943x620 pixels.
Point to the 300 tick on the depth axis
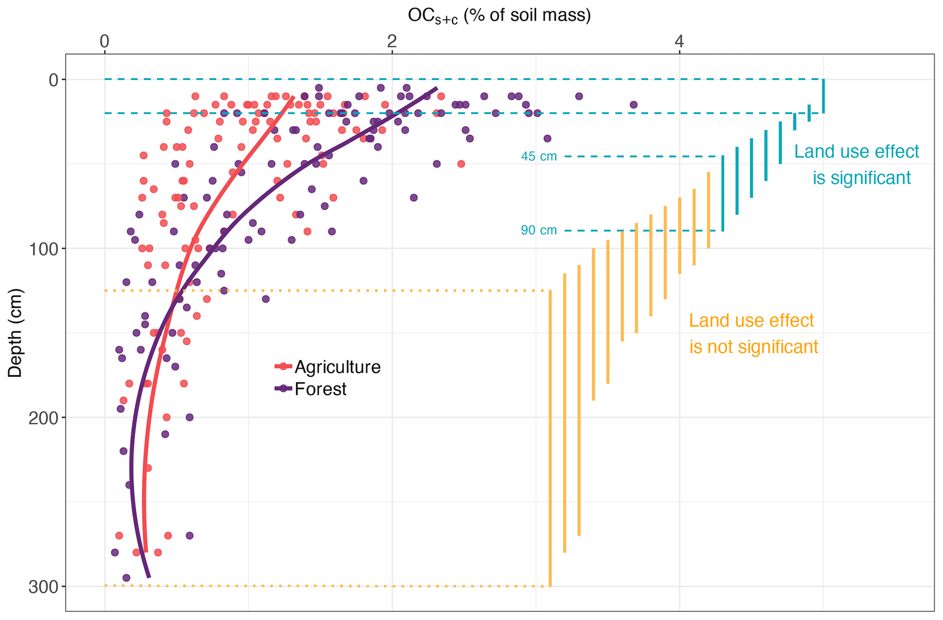click(x=40, y=587)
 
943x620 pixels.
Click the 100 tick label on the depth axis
click(x=40, y=249)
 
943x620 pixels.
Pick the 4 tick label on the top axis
click(x=679, y=42)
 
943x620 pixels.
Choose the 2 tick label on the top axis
click(x=392, y=42)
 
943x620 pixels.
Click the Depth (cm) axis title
click(x=15, y=333)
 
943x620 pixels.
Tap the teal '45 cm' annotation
click(x=539, y=156)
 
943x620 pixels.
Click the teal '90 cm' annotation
click(x=539, y=230)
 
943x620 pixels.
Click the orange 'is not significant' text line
click(x=754, y=347)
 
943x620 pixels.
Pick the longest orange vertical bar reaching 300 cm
click(x=550, y=438)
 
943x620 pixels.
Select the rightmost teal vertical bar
click(x=823, y=96)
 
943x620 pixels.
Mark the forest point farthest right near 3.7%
click(x=633, y=104)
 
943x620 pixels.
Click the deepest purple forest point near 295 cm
click(x=126, y=578)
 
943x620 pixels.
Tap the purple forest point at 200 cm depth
click(x=189, y=417)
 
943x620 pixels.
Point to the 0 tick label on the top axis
click(x=104, y=42)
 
